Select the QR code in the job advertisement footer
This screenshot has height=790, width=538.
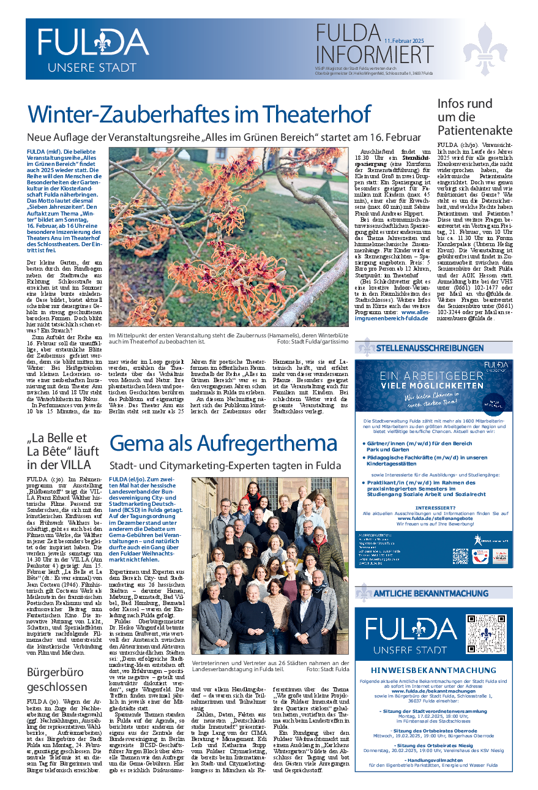[x=460, y=556]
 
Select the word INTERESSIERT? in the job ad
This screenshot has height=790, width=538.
[x=435, y=507]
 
